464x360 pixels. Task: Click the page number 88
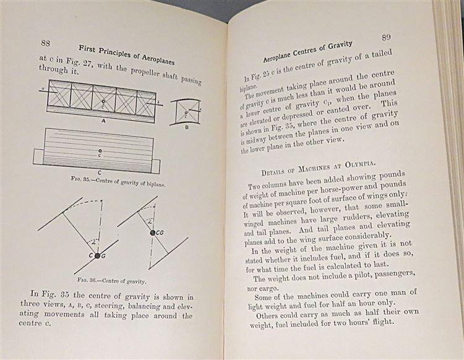point(45,43)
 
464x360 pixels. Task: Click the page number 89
point(385,37)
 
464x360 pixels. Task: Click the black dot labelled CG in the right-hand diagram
point(152,233)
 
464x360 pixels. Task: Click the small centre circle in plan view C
point(100,150)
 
